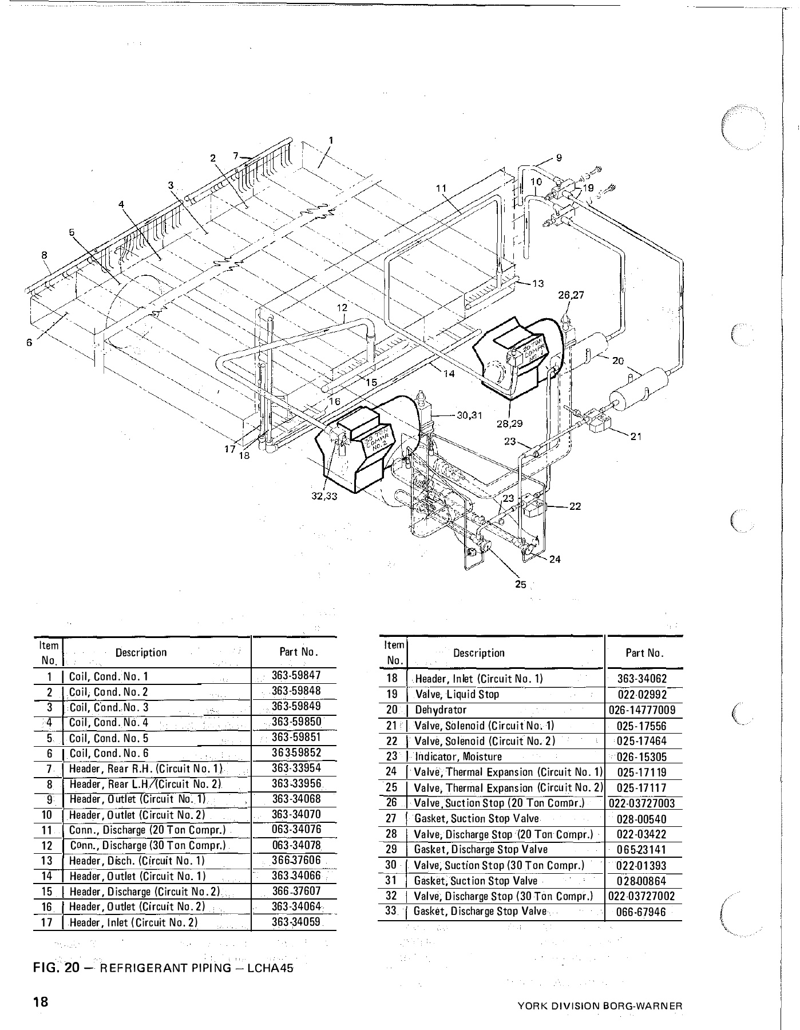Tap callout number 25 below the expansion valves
click(521, 585)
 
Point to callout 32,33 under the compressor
click(323, 496)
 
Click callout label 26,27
click(571, 295)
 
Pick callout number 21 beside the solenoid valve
click(635, 437)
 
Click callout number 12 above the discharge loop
click(342, 308)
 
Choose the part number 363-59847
click(296, 676)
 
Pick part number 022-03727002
click(642, 896)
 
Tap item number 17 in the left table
click(47, 922)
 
